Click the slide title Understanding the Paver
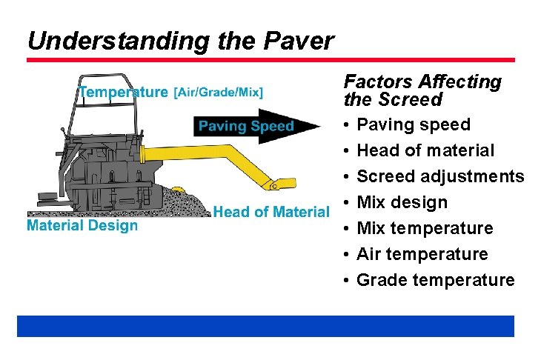click(x=181, y=41)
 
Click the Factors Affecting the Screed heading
click(x=422, y=90)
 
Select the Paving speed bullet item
click(x=414, y=124)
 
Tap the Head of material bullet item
click(x=425, y=150)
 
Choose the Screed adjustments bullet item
click(x=440, y=176)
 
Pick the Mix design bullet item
click(x=402, y=202)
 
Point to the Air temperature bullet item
click(x=422, y=254)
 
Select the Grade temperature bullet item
click(x=435, y=280)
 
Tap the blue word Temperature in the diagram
click(x=123, y=93)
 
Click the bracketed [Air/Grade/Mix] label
click(x=219, y=93)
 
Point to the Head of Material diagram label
click(x=271, y=212)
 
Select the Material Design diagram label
click(x=82, y=225)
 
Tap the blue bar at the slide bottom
click(x=265, y=326)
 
